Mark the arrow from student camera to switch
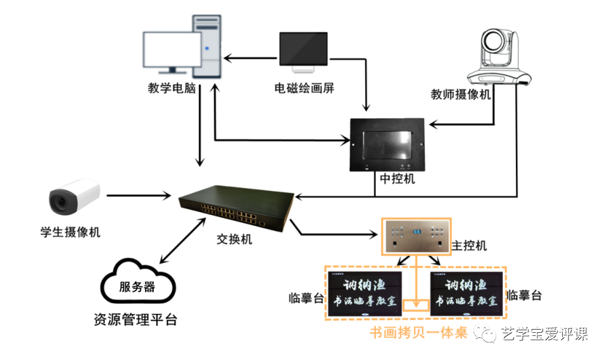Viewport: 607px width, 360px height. (139, 196)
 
